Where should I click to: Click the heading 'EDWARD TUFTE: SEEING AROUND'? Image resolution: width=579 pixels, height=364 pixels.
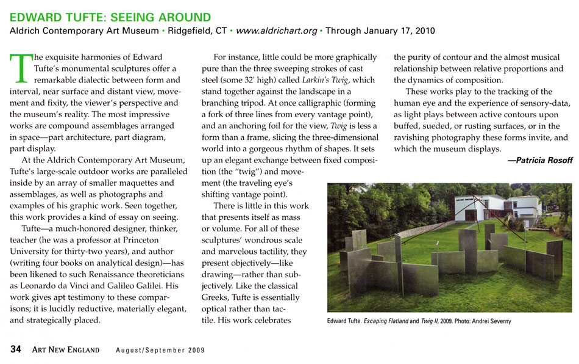click(x=110, y=18)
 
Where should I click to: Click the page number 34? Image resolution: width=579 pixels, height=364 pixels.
click(x=15, y=349)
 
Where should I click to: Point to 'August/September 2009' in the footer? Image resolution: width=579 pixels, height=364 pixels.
click(x=160, y=350)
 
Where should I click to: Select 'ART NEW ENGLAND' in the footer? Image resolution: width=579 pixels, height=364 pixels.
click(x=68, y=350)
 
